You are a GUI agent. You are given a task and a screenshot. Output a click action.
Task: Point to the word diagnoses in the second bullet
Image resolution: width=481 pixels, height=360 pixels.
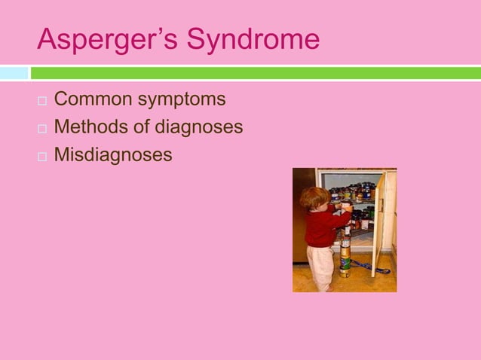(200, 127)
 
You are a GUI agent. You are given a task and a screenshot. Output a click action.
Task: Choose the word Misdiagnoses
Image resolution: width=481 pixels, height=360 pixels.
(113, 155)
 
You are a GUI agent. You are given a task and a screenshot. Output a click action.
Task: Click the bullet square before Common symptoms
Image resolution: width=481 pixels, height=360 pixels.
(41, 101)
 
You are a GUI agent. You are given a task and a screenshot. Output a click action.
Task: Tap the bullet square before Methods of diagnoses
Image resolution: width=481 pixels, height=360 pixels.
(41, 129)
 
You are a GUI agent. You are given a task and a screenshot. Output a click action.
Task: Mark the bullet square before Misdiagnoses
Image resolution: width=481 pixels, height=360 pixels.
(41, 157)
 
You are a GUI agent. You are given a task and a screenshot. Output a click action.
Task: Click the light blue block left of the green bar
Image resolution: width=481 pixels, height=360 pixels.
(14, 73)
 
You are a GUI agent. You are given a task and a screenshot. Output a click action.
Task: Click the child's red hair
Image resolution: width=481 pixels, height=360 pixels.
(314, 197)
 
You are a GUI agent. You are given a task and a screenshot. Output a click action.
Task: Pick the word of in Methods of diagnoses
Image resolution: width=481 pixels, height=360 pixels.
(143, 127)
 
